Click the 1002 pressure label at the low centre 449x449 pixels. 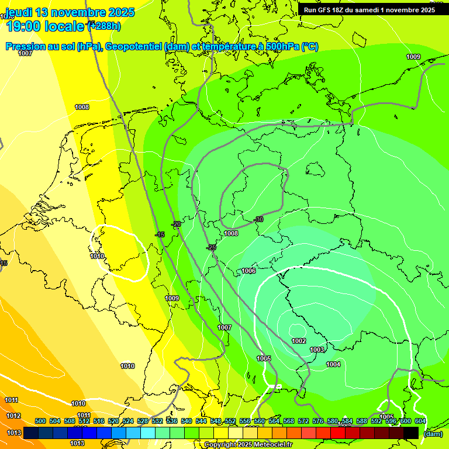[x=299, y=341]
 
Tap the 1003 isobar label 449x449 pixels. [x=317, y=350]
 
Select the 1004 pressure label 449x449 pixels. [x=333, y=364]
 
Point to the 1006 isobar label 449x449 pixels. [x=248, y=271]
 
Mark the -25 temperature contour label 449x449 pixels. [x=212, y=247]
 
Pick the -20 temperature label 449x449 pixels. [x=176, y=224]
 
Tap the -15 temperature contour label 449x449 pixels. [x=160, y=234]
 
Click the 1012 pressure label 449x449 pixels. [x=14, y=416]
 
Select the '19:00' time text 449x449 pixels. [x=24, y=26]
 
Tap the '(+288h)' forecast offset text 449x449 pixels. [x=103, y=26]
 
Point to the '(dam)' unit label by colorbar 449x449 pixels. [x=432, y=433]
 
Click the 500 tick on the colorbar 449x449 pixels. [x=40, y=421]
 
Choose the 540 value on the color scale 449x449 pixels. [x=186, y=421]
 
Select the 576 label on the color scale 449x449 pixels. [x=318, y=421]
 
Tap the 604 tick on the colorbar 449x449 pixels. [x=420, y=421]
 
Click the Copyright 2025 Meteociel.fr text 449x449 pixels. [x=248, y=444]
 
